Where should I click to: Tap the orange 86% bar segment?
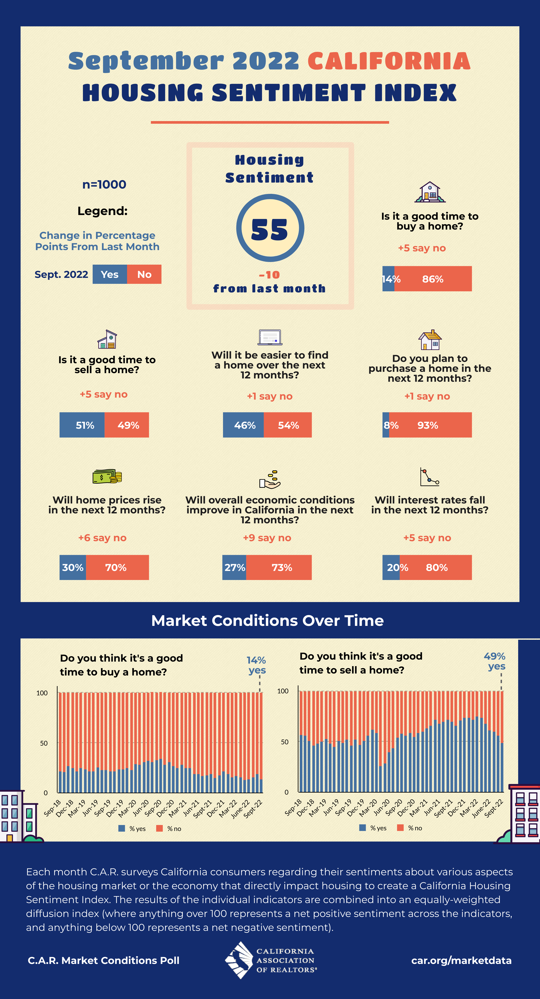click(x=433, y=279)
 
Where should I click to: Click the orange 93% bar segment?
click(x=430, y=425)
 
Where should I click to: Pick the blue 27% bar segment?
click(x=234, y=567)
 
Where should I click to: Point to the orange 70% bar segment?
click(x=117, y=567)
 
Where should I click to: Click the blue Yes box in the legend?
click(x=110, y=274)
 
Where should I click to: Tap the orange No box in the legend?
click(x=144, y=274)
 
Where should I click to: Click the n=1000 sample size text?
click(x=104, y=185)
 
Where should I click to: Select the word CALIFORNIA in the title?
click(x=389, y=61)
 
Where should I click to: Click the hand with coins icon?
click(x=270, y=479)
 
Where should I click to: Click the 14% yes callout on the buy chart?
click(x=256, y=665)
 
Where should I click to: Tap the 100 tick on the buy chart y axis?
click(x=42, y=693)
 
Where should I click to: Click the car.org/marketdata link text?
click(x=461, y=960)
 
